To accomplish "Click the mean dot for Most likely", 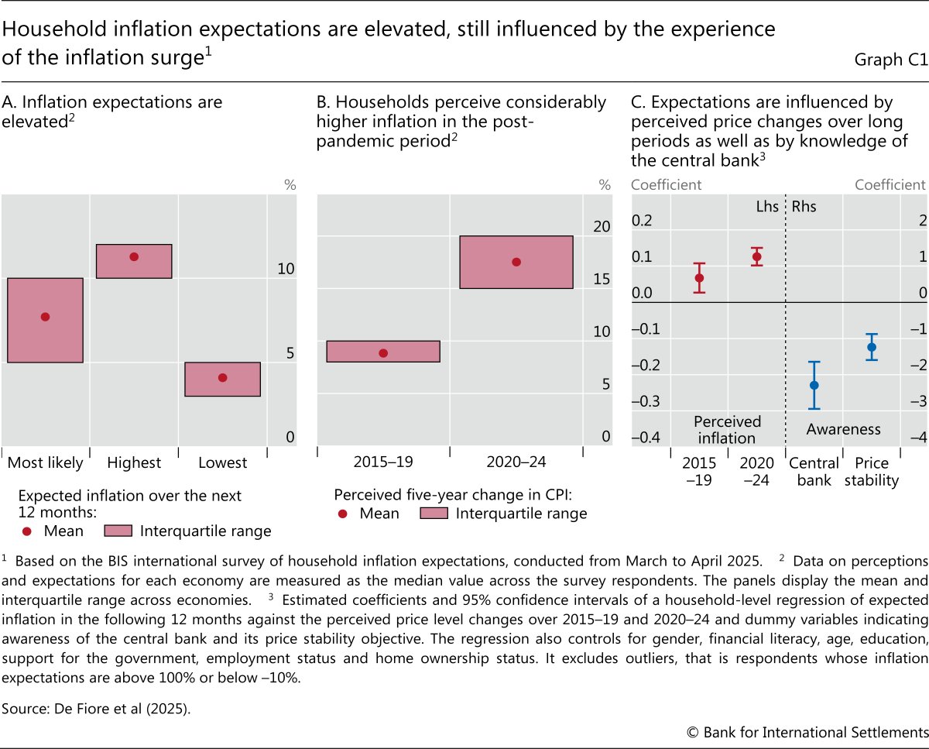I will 45,316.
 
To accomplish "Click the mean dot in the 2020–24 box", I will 516,262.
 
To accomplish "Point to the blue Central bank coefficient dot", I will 814,385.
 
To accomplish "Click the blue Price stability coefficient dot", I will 872,347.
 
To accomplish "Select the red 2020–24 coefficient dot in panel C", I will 757,256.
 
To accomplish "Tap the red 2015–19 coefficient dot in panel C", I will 699,277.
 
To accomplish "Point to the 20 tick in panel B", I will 602,226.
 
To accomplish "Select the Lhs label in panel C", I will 766,207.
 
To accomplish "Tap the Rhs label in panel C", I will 804,207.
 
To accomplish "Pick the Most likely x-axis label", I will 45,463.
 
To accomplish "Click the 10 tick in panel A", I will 286,269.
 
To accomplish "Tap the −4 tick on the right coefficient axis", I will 918,438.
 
